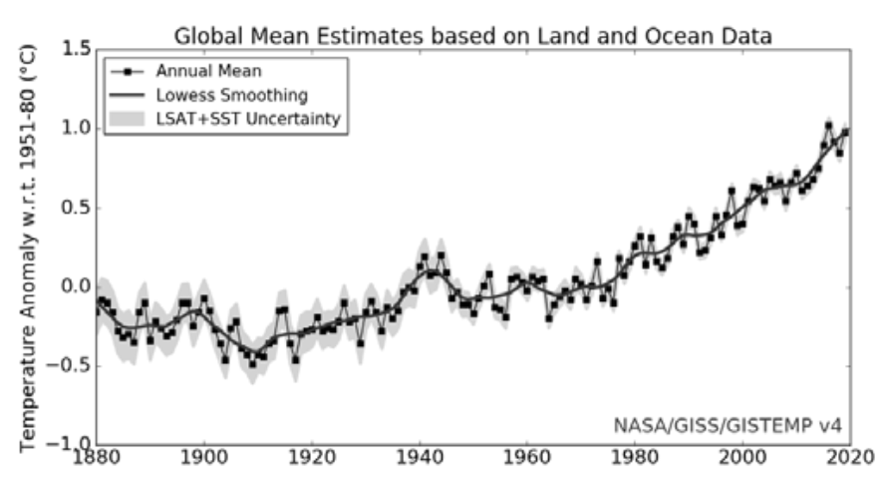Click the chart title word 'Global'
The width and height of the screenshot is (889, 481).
pos(205,37)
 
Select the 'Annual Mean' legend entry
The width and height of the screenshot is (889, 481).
pos(201,72)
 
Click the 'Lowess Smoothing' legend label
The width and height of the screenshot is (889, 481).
pos(231,96)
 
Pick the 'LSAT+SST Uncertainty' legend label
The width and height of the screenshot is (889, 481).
pos(248,120)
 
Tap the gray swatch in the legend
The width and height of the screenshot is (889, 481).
pos(127,120)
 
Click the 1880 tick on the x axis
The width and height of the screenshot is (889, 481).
pos(98,463)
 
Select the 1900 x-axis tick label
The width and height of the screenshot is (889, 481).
pos(204,463)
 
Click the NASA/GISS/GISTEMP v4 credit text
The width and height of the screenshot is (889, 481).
pos(728,426)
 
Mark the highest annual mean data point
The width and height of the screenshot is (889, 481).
pos(828,125)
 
